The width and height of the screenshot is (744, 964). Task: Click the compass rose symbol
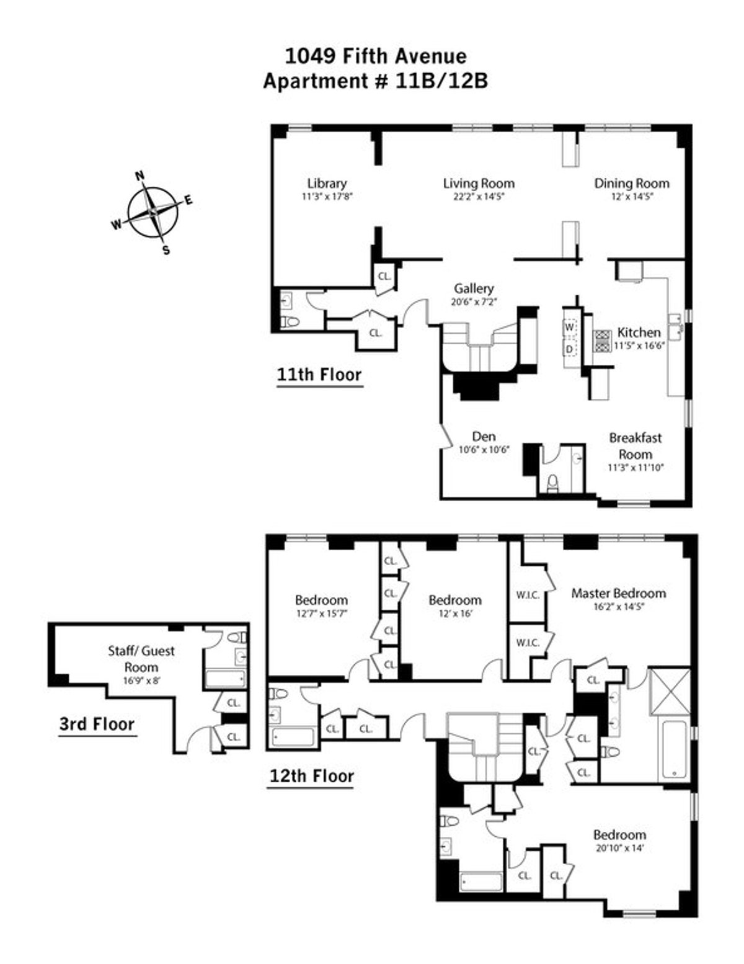point(153,212)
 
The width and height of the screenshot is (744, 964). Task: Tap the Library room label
point(327,184)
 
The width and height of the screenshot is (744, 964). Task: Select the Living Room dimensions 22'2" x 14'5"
point(478,197)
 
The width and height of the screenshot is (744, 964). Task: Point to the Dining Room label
point(631,184)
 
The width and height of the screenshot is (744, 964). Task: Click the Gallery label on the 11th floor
point(474,288)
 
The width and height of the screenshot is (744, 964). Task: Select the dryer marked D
point(569,349)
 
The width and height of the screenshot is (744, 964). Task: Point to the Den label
point(484,437)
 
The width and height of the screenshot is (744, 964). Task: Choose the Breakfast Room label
point(635,445)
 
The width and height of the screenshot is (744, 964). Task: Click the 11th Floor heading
point(319,375)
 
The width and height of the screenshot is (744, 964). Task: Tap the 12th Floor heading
point(311,776)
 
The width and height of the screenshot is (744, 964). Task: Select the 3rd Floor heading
point(97,724)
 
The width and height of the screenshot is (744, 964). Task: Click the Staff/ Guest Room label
point(141,659)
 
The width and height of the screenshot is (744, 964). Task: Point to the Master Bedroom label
point(618,593)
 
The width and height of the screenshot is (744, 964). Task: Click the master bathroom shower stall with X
point(668,691)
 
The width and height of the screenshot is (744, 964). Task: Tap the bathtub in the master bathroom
point(675,751)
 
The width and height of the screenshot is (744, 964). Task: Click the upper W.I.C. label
point(528,595)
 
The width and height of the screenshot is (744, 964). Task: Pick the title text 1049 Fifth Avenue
point(375,56)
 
